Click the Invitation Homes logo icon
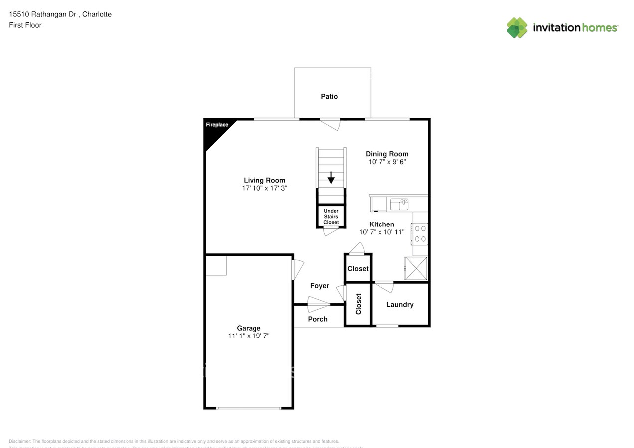point(517,28)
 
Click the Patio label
point(329,96)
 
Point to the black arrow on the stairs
point(331,178)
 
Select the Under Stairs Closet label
point(331,217)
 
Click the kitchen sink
point(399,204)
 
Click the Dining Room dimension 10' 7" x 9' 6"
point(387,162)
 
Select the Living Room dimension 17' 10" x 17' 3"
point(264,188)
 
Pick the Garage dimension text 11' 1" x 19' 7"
point(249,336)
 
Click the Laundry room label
point(400,305)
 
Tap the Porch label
point(318,319)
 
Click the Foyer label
point(320,286)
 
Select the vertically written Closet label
point(358,304)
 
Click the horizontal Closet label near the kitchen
point(358,269)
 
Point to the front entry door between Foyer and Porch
point(319,302)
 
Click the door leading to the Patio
point(330,123)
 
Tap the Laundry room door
point(384,286)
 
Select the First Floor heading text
point(25,25)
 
